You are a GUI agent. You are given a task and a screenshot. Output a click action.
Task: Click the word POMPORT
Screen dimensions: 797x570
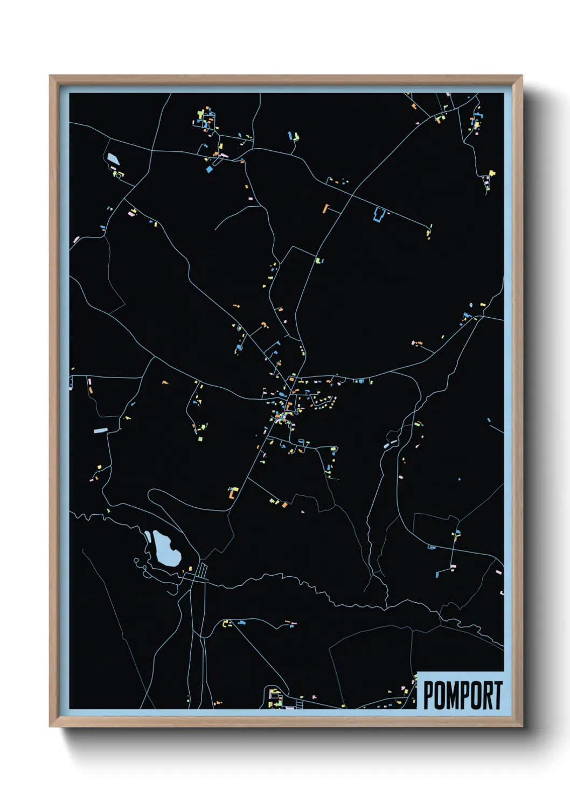point(462,695)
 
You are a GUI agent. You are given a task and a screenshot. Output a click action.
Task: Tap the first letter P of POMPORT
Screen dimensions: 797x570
point(429,695)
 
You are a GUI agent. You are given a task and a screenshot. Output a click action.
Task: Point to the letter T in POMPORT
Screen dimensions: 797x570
point(498,695)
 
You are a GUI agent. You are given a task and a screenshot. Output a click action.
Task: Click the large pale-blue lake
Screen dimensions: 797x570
point(166,548)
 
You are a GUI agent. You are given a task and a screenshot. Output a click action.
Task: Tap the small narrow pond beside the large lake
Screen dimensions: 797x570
point(147,536)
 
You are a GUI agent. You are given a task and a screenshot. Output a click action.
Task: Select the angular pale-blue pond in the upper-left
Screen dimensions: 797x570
point(113,159)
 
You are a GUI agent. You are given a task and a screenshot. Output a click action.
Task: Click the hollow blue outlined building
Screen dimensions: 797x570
point(378,214)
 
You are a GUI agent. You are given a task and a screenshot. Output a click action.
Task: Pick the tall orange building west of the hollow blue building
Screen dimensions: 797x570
point(325,208)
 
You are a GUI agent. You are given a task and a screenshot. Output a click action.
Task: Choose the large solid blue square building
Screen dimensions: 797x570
point(210,169)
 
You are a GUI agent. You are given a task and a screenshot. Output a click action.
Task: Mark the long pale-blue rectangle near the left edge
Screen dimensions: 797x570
point(101,430)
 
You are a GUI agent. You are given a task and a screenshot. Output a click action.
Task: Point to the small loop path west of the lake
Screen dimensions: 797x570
point(136,561)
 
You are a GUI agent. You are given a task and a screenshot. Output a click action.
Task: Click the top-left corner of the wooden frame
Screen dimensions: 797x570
point(50,76)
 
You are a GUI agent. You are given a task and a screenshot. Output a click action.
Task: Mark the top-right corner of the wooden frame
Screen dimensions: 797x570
point(522,76)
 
